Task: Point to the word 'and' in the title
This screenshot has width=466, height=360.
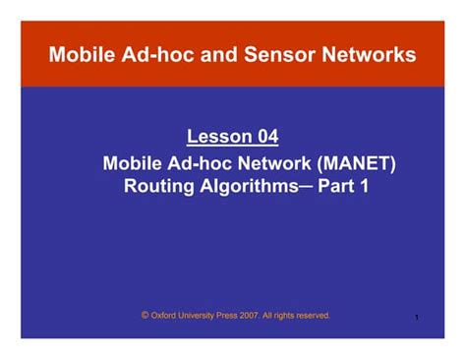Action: [x=237, y=54]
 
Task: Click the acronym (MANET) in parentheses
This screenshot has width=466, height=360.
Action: [x=349, y=161]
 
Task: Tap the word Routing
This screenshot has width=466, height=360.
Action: [x=157, y=185]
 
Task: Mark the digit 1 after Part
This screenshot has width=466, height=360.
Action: [x=365, y=185]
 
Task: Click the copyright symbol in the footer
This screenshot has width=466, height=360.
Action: [x=145, y=316]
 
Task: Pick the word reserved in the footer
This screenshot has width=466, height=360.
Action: [x=312, y=316]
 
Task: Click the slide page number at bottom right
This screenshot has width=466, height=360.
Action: [x=418, y=318]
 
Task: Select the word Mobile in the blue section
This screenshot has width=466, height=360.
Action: [x=135, y=161]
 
